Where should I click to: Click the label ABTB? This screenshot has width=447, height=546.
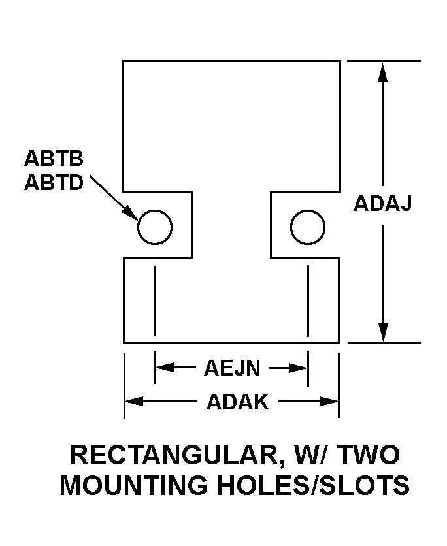(x=54, y=159)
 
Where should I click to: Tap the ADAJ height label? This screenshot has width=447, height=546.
(x=383, y=204)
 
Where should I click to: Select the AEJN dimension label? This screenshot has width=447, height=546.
(x=232, y=368)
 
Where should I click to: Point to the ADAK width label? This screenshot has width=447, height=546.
(x=237, y=402)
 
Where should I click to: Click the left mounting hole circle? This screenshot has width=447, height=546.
(x=155, y=228)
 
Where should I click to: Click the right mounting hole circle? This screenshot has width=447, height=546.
(x=307, y=228)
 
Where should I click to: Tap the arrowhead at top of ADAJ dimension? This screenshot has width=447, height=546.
(x=383, y=72)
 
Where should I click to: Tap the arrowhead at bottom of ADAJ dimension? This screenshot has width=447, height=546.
(x=383, y=331)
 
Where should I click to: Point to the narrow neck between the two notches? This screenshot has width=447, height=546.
(x=231, y=225)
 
